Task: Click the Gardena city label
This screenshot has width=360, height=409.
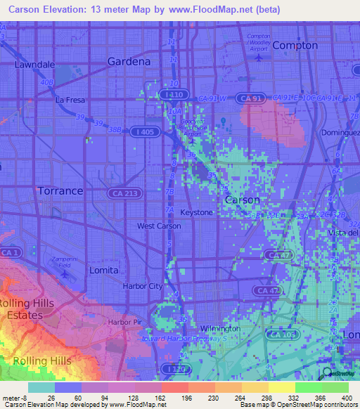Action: click(129, 61)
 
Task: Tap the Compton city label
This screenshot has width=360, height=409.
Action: click(295, 45)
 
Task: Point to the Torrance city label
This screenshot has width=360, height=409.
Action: click(60, 190)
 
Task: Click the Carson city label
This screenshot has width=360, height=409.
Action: click(241, 200)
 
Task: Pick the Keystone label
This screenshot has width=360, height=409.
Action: click(196, 212)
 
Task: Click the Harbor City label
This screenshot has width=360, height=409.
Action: click(141, 286)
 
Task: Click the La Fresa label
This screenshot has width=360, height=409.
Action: click(70, 100)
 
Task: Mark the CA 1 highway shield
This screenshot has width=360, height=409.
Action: click(8, 252)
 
